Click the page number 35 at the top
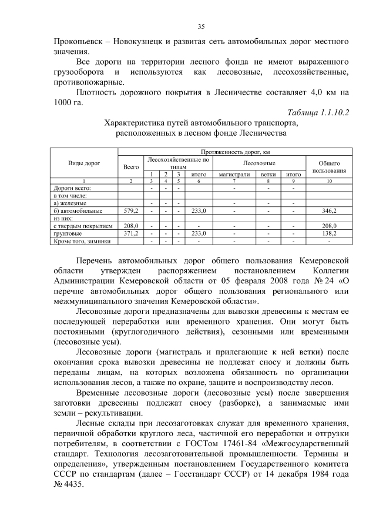(x=200, y=26)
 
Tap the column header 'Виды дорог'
(x=84, y=162)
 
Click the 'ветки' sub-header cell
(x=269, y=174)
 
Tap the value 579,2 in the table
(x=130, y=210)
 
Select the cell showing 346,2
(x=329, y=210)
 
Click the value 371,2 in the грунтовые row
(x=130, y=233)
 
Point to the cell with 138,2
(x=329, y=233)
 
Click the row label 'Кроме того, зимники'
(x=81, y=241)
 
